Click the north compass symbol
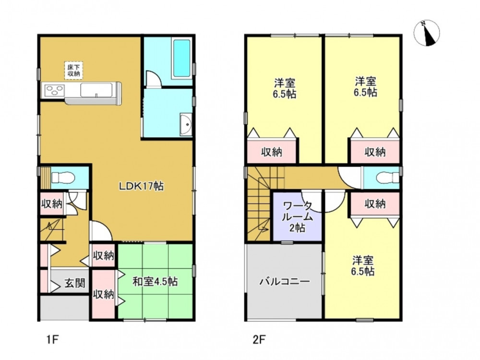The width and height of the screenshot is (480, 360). click(426, 33)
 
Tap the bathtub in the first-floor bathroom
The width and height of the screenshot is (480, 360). click(182, 59)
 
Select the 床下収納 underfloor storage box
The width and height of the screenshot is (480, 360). click(74, 71)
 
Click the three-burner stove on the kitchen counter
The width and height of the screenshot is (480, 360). click(55, 91)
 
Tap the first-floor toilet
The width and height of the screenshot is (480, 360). click(63, 178)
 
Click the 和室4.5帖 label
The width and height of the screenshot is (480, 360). click(155, 281)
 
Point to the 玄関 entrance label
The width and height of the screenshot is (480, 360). click(75, 283)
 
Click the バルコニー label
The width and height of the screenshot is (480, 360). click(285, 281)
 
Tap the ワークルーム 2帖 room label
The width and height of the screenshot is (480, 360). click(297, 216)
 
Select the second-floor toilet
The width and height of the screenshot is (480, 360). click(387, 178)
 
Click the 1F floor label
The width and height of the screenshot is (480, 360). click(52, 339)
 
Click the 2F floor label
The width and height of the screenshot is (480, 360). click(259, 339)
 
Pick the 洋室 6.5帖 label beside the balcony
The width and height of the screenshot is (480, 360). click(363, 266)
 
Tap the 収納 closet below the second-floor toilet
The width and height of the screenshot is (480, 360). click(375, 204)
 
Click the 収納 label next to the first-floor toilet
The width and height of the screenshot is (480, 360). click(52, 204)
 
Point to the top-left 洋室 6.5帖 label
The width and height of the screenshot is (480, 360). click(285, 88)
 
